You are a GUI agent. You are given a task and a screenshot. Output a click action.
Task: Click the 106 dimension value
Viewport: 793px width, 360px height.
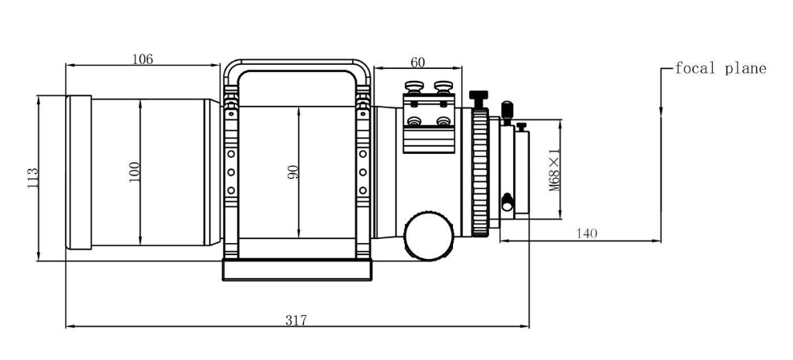pyautogui.click(x=143, y=59)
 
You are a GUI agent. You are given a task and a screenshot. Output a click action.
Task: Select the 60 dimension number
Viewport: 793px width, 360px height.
pyautogui.click(x=418, y=63)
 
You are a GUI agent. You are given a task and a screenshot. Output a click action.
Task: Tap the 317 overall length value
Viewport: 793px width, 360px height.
pyautogui.click(x=297, y=320)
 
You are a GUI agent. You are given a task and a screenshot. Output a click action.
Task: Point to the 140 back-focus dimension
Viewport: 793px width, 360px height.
pyautogui.click(x=587, y=233)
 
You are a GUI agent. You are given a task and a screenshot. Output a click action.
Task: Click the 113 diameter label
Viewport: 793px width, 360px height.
pyautogui.click(x=32, y=178)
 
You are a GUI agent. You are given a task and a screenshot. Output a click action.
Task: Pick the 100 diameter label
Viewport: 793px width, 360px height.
pyautogui.click(x=135, y=172)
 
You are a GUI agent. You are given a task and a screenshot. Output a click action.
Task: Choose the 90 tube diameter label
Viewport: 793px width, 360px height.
pyautogui.click(x=293, y=172)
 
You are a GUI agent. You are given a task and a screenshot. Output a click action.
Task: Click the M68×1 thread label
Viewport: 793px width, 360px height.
pyautogui.click(x=555, y=170)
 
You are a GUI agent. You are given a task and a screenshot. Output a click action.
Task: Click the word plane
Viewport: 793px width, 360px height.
pyautogui.click(x=746, y=69)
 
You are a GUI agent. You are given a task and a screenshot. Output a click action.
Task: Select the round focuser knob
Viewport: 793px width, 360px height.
pyautogui.click(x=429, y=236)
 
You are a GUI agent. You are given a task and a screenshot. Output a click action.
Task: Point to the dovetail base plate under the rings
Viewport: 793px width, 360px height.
pyautogui.click(x=297, y=270)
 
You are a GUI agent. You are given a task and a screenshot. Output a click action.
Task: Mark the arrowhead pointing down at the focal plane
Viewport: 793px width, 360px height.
pyautogui.click(x=661, y=111)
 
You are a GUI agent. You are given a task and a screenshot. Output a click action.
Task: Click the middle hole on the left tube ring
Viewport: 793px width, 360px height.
pyautogui.click(x=231, y=172)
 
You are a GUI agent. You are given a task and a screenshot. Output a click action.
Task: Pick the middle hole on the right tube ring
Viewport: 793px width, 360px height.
pyautogui.click(x=362, y=172)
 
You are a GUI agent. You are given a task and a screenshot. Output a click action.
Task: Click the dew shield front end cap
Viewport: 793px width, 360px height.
pyautogui.click(x=79, y=172)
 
